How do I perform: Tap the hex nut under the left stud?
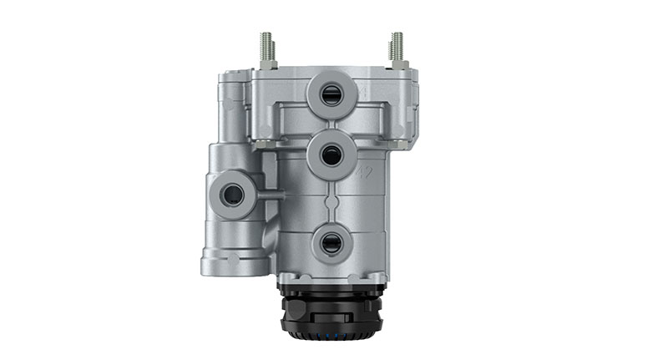coord(268,64)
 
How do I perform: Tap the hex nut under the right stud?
coord(397,64)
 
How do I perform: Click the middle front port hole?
coord(331,155)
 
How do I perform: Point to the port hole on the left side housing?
coord(231,195)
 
